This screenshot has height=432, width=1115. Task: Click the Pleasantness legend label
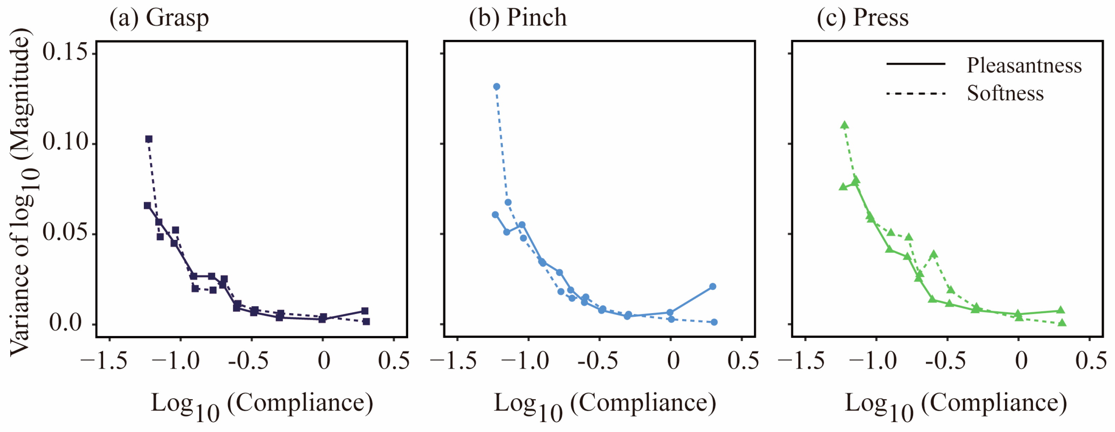[1024, 66]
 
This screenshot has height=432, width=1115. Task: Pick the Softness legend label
[1005, 94]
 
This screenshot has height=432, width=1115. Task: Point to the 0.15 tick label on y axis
[64, 53]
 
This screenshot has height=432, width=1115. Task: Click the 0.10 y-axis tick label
[64, 143]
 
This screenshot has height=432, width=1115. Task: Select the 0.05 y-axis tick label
[64, 233]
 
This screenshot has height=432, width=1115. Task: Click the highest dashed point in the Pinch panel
[497, 87]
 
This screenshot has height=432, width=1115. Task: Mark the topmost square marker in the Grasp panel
[149, 139]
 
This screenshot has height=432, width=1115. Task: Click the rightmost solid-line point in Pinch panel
[713, 287]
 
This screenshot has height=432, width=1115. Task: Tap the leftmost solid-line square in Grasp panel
[147, 205]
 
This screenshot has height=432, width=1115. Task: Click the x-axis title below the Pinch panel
[605, 405]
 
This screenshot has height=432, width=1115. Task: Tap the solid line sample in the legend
[915, 64]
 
